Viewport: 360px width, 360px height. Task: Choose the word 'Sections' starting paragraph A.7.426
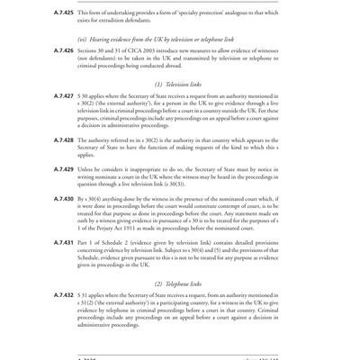coord(92,51)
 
